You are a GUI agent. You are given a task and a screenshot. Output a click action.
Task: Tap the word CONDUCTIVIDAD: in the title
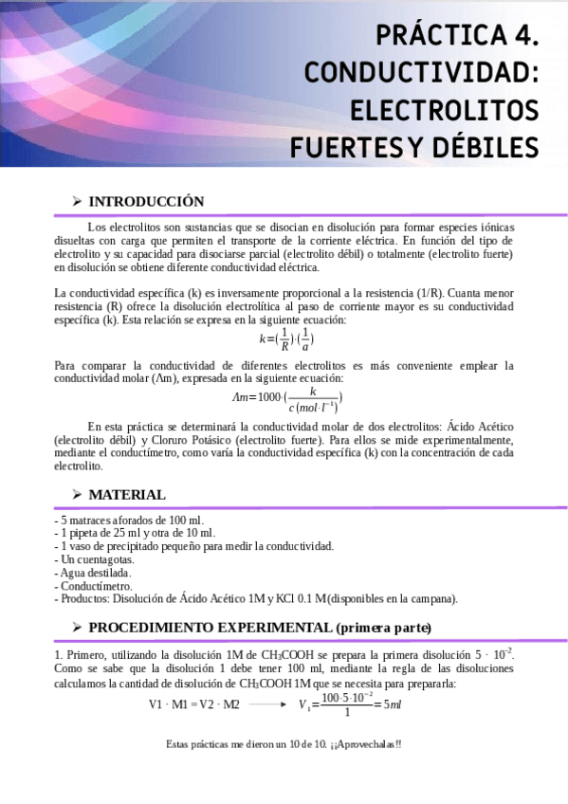coord(421,72)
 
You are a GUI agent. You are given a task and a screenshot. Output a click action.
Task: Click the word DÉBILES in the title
coord(485,147)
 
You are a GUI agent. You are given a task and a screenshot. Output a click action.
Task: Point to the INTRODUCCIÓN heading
coord(146,202)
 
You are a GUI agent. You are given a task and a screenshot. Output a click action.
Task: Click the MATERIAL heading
coord(127,495)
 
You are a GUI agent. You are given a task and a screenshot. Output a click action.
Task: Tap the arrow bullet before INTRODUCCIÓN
coord(76,202)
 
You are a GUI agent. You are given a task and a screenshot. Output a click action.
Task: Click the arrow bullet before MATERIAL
coord(76,495)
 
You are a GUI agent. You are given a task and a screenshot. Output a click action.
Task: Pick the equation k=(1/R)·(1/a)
coord(285,338)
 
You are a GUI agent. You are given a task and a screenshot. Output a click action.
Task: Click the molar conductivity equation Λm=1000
coord(285,399)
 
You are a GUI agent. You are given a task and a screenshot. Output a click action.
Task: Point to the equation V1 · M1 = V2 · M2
coord(193,704)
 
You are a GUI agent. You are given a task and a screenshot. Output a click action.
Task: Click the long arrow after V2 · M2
coord(268,704)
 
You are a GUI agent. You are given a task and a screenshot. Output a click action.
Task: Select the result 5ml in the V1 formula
coord(394,704)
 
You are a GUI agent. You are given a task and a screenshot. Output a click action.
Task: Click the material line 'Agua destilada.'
coord(93,573)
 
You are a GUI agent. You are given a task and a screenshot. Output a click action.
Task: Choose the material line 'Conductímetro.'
coord(93,586)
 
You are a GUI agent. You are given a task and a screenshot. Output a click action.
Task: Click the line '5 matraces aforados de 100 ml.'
coord(129,521)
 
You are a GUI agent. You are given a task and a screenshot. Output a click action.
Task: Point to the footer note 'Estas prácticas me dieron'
coord(284,744)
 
